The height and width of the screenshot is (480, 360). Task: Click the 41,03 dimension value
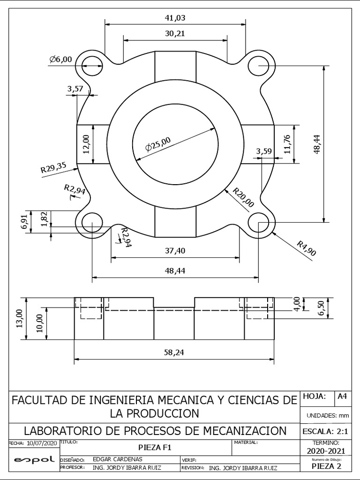tap(175, 18)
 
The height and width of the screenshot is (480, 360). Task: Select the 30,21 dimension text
tap(175, 34)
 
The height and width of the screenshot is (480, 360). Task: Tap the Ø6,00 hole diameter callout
tap(60, 59)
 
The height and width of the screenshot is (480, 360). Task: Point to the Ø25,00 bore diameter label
tap(158, 144)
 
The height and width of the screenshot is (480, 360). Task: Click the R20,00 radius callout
tap(244, 197)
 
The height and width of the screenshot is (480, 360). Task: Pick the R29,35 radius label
tap(53, 167)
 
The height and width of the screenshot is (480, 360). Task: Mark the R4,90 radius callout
tap(307, 248)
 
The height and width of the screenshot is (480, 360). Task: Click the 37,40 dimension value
tap(175, 251)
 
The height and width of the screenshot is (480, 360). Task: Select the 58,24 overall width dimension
tap(174, 352)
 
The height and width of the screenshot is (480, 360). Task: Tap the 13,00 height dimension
tap(20, 318)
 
